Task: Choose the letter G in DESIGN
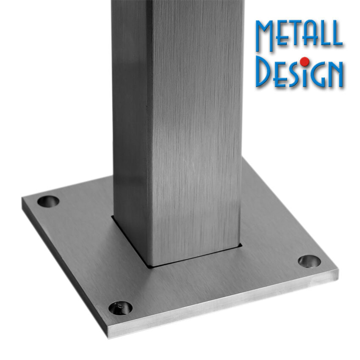coord(316,74)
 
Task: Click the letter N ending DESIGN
coord(335,74)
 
